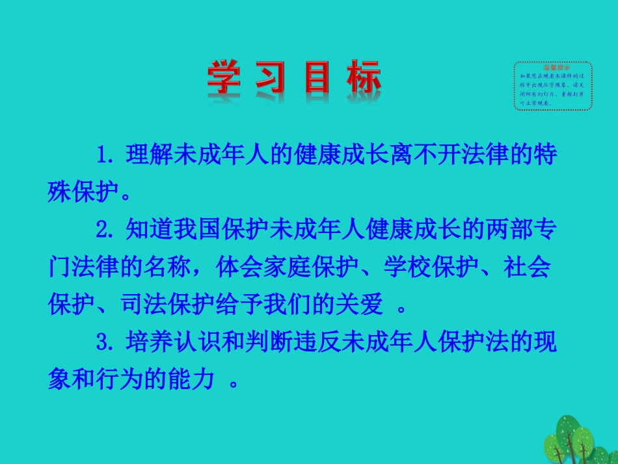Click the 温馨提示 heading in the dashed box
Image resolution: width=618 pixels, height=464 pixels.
(553, 67)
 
